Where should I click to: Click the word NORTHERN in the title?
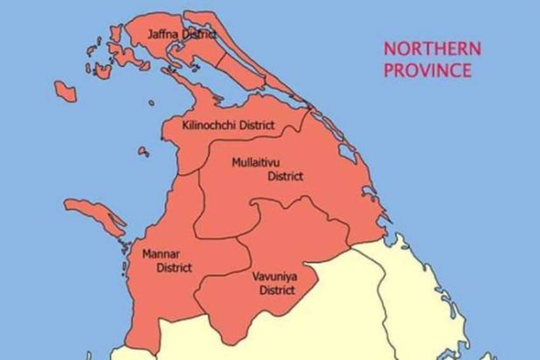pos(432,49)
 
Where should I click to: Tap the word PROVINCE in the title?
pos(428,70)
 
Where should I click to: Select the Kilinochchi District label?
pos(228,125)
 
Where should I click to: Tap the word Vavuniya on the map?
pos(276,277)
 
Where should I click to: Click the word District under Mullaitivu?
pos(285,176)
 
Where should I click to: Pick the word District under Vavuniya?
pos(277,290)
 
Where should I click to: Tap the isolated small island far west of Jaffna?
pos(65,91)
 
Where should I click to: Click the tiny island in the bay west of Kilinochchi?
pos(144,152)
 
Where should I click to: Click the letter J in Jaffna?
pos(151,34)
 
